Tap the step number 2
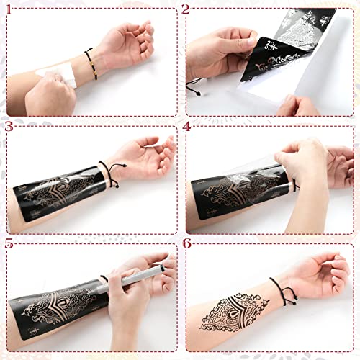pyautogui.click(x=185, y=10)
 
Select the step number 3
pyautogui.click(x=9, y=127)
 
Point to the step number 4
pyautogui.click(x=186, y=127)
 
